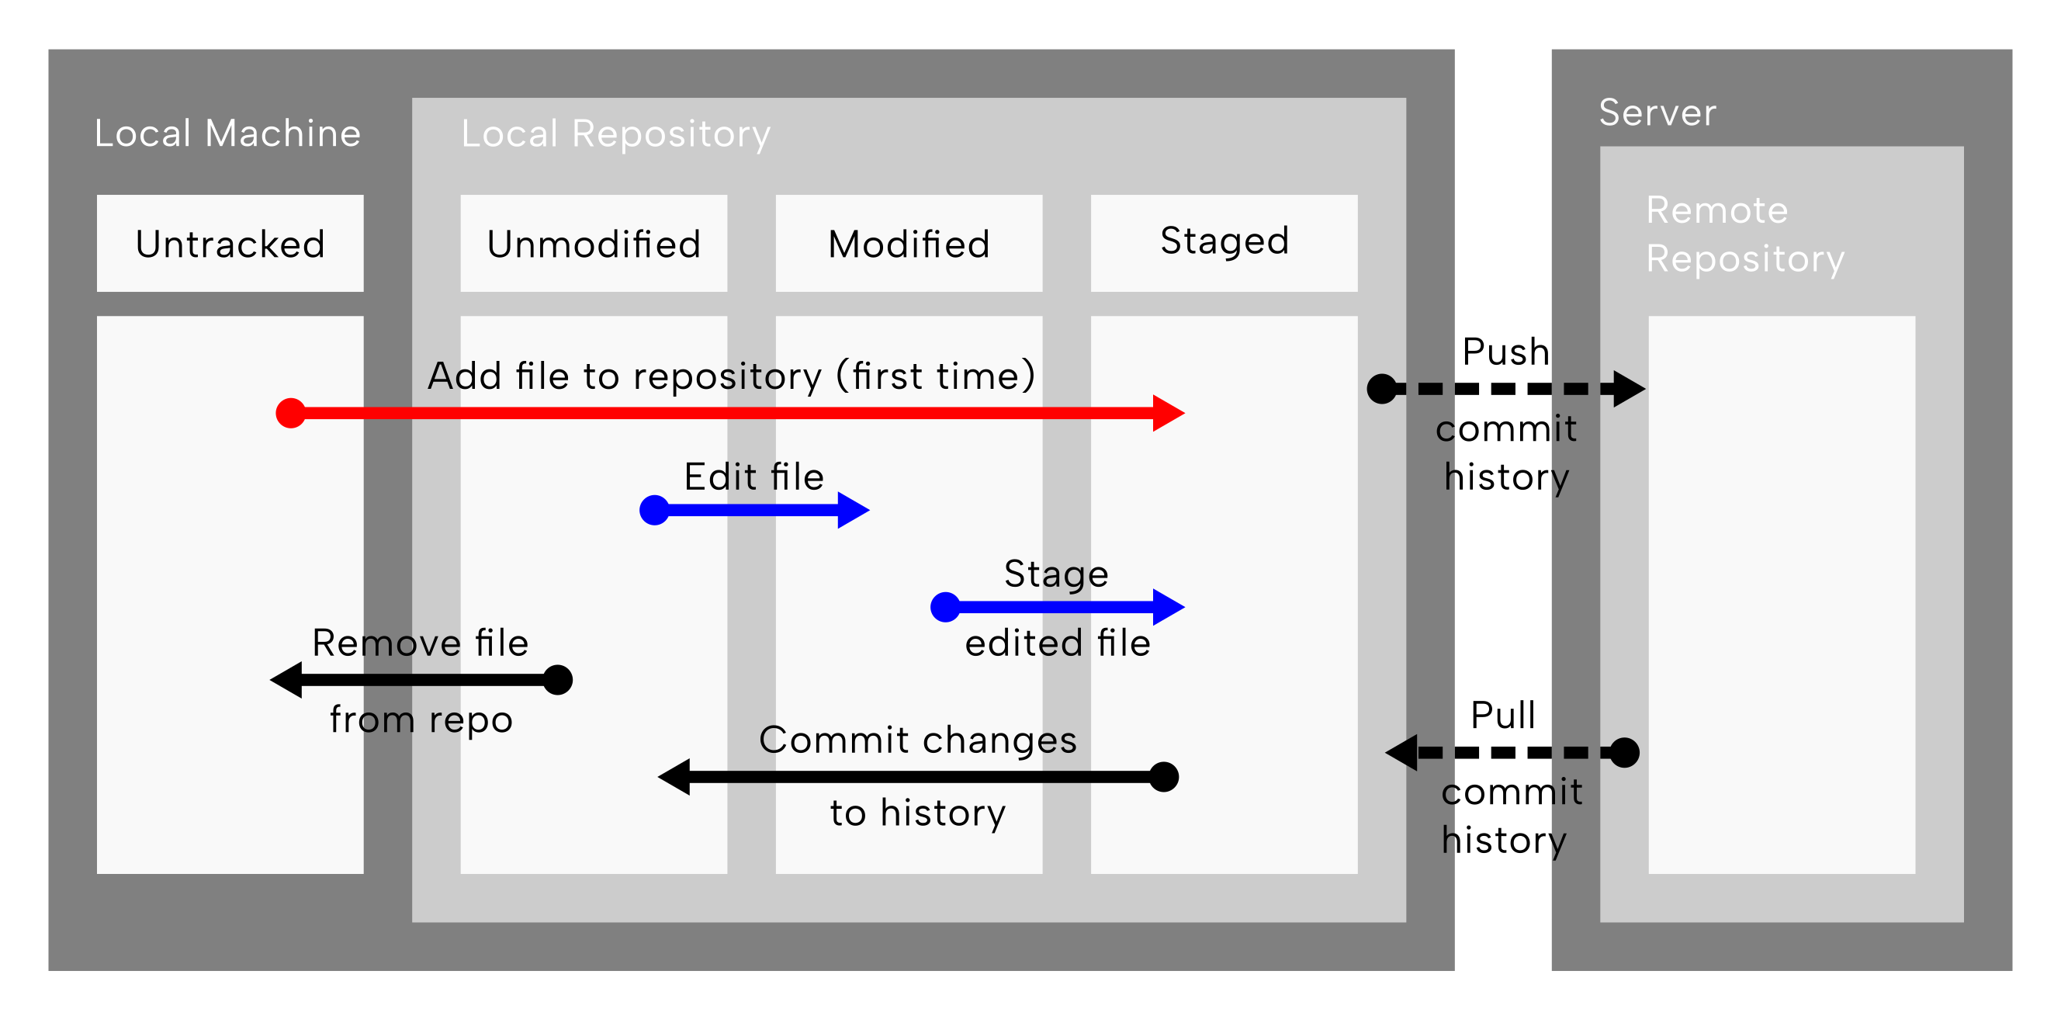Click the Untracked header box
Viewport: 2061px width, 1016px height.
coord(230,243)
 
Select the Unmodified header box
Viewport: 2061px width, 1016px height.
coord(594,243)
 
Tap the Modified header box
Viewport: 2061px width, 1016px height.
coord(909,243)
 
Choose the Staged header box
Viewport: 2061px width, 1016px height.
coord(1224,243)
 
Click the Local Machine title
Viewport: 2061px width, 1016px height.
coord(228,133)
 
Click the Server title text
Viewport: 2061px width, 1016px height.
coord(1657,112)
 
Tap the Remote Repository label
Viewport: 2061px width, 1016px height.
coord(1745,234)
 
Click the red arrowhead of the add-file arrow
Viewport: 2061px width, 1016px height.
coord(1169,413)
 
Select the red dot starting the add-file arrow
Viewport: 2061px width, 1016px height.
coord(290,413)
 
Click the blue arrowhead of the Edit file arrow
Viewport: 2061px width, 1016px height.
coord(854,510)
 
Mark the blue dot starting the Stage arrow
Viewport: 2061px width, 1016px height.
coord(946,607)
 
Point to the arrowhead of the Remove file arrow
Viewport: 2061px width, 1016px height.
coord(286,680)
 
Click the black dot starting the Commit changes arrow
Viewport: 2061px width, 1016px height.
coord(1164,777)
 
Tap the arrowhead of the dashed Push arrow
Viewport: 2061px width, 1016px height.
coord(1630,389)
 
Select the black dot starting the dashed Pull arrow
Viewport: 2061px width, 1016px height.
coord(1624,753)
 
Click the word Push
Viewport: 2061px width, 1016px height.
coord(1505,352)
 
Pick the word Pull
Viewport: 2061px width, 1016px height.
coord(1503,715)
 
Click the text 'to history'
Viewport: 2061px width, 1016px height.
coord(918,813)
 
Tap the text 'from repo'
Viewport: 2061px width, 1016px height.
coord(421,720)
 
